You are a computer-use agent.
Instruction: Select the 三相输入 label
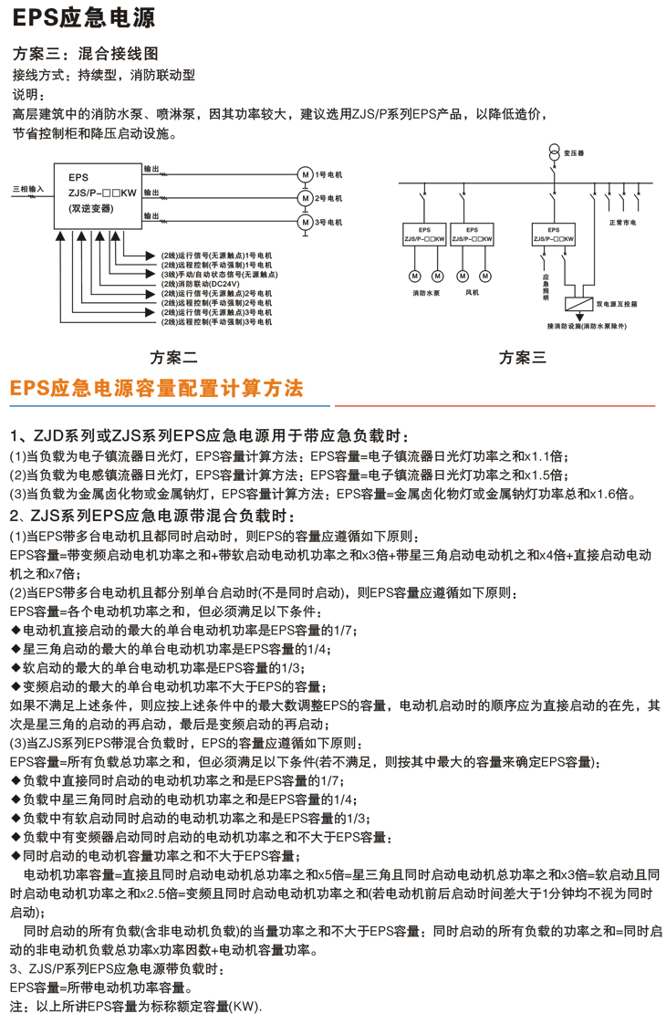pos(27,189)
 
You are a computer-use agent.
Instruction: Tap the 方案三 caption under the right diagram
pos(523,357)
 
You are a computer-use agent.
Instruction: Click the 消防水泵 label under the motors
pos(425,294)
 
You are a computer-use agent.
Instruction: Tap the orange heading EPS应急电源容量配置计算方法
pos(156,388)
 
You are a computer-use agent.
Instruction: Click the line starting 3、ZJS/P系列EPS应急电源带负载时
pos(116,967)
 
